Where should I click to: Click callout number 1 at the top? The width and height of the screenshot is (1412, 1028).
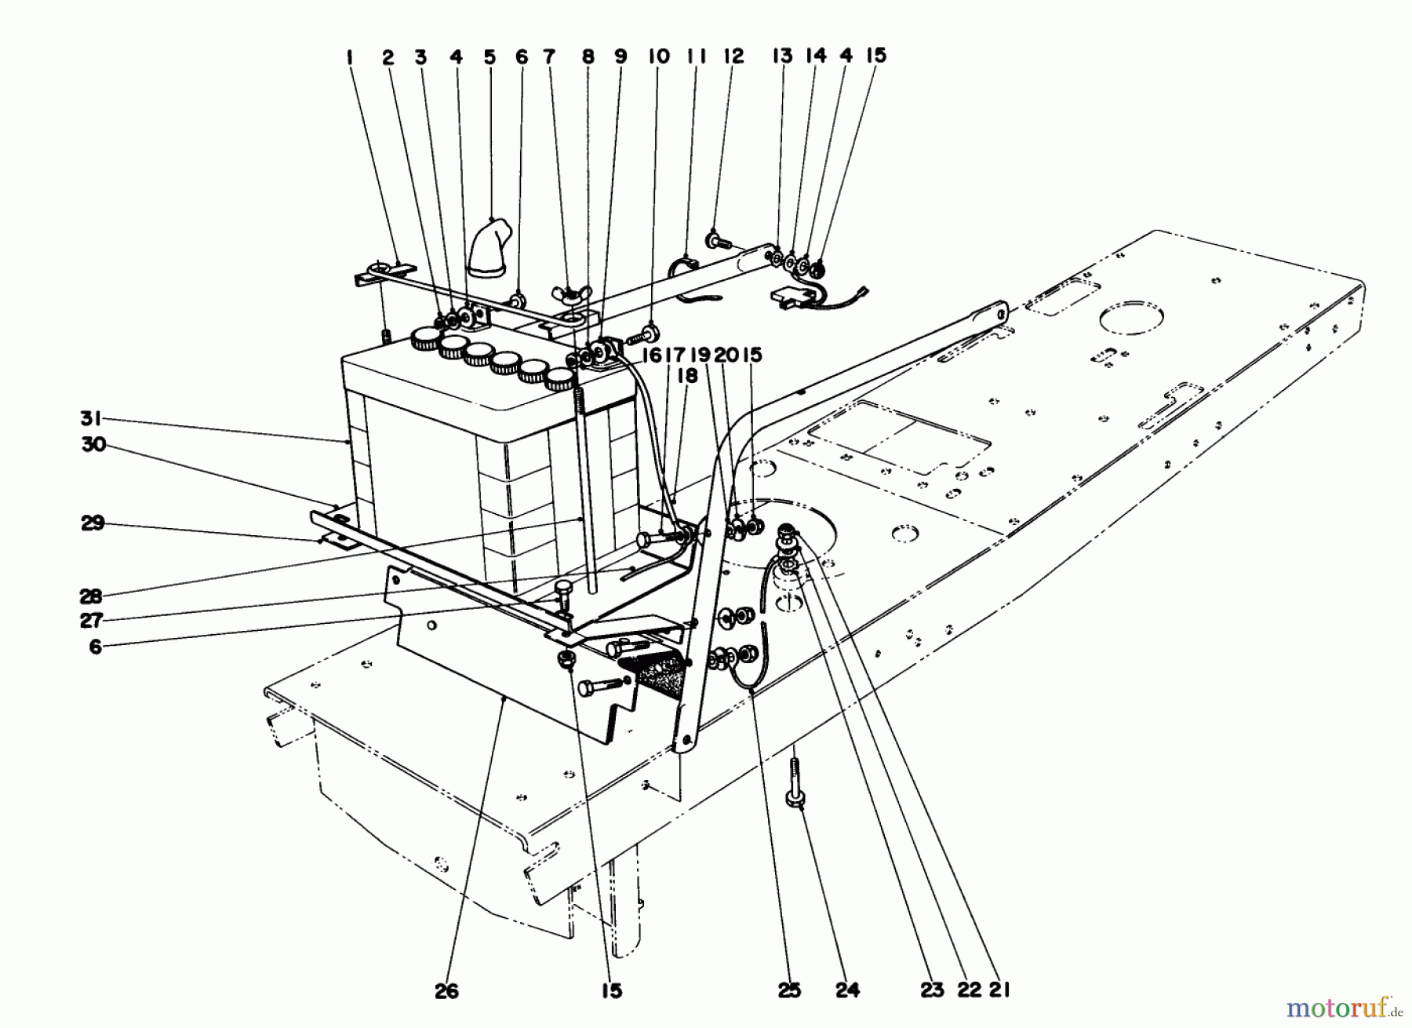pos(349,57)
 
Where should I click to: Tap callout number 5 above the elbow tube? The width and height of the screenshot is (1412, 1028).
pos(489,57)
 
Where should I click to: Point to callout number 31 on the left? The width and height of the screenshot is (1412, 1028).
pos(92,419)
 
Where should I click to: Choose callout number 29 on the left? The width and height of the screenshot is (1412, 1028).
pos(93,523)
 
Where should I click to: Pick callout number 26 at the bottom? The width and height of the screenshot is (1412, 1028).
pos(448,990)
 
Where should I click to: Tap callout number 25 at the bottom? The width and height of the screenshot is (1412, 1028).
pos(790,990)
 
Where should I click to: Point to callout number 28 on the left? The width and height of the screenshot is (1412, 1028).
pos(92,596)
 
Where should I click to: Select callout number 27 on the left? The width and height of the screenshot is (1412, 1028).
pos(92,620)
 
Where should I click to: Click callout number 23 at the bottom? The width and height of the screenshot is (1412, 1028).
pos(932,990)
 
